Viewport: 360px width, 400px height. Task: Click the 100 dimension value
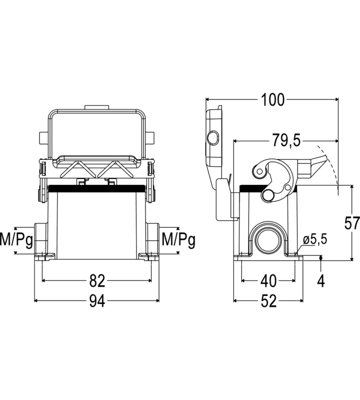(x=272, y=99)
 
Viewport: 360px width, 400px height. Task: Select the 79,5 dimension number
(x=286, y=140)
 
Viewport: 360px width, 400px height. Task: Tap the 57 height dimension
(x=352, y=223)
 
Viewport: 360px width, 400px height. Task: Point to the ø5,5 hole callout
(x=315, y=239)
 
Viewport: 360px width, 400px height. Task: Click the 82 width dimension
(x=97, y=280)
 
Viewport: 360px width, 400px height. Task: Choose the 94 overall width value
(x=97, y=301)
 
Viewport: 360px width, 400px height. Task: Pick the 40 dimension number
(x=268, y=280)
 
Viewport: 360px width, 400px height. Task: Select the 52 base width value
(x=268, y=301)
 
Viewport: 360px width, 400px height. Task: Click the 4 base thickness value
(x=321, y=281)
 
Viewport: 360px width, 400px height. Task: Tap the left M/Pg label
(x=16, y=240)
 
